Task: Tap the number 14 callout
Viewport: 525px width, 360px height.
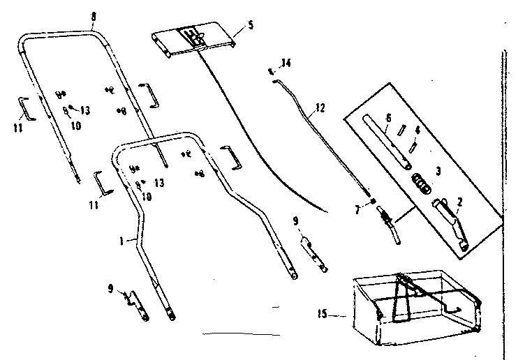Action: point(283,64)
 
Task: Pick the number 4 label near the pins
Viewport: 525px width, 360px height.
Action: point(417,130)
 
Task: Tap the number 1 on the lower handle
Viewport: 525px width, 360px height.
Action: point(121,239)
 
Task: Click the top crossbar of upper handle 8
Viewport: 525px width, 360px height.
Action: point(59,34)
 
